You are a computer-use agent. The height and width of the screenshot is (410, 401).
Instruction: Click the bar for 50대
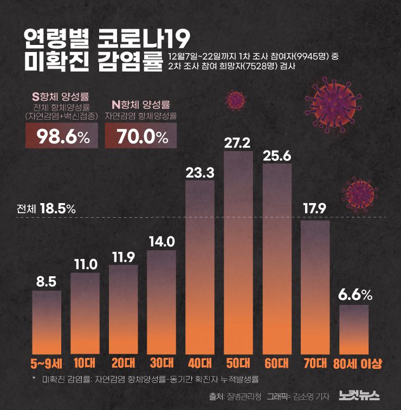(238, 252)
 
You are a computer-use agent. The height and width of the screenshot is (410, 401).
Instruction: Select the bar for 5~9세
(47, 322)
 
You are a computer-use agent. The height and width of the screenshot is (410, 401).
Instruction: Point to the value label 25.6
(277, 156)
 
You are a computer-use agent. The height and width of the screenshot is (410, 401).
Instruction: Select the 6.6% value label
(355, 295)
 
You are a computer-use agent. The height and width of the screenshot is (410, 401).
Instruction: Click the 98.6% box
(62, 136)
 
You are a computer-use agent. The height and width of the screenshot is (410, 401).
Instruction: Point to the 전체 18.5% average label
(46, 209)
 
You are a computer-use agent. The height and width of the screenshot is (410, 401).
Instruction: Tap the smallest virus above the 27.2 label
(235, 99)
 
